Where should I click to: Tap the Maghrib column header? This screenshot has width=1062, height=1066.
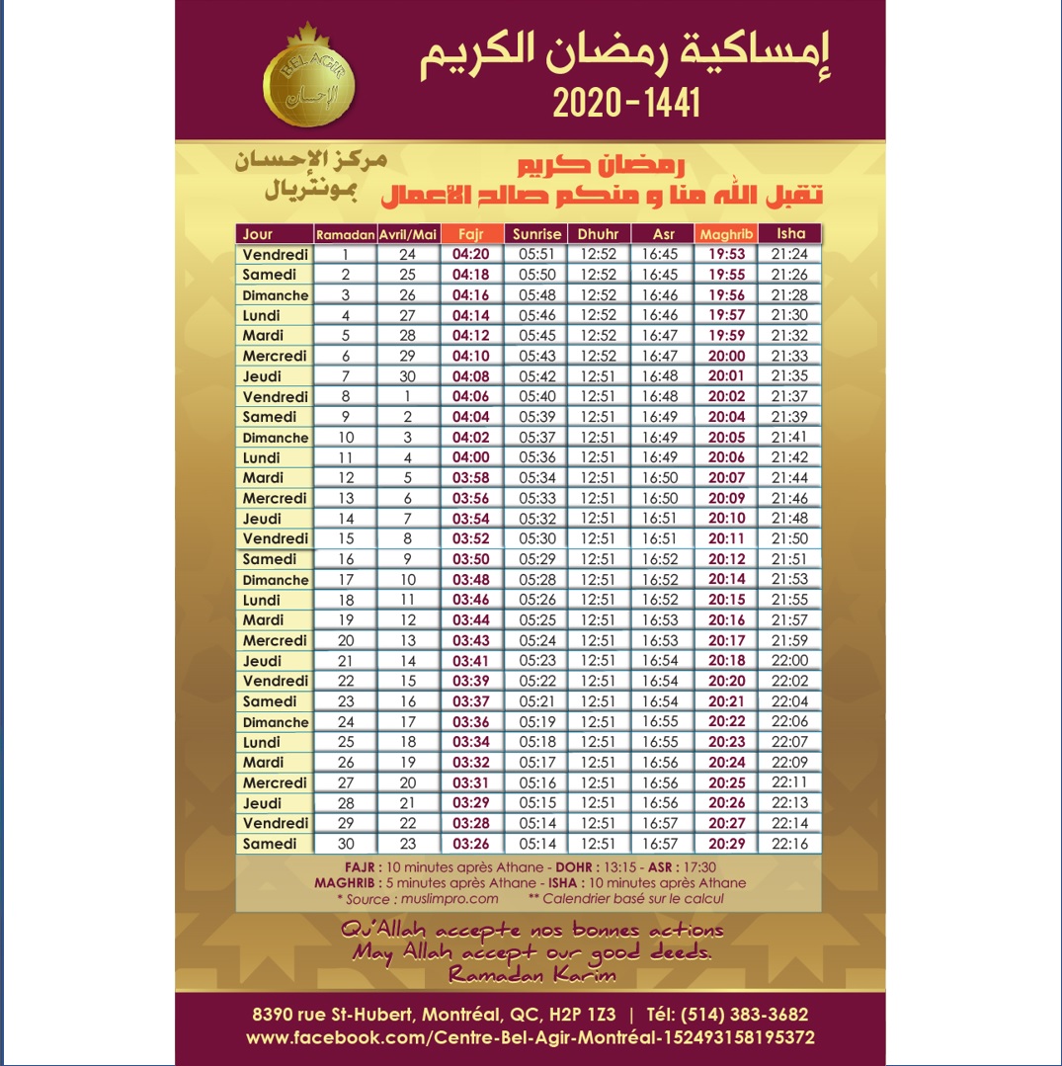(726, 235)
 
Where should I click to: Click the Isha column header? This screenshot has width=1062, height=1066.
(790, 234)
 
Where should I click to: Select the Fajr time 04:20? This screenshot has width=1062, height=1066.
(471, 255)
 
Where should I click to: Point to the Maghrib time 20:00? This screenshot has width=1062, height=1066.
(726, 356)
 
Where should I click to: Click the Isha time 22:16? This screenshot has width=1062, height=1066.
(790, 844)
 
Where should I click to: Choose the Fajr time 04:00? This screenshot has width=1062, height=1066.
(471, 457)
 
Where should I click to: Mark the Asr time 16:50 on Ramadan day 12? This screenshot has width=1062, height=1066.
(662, 478)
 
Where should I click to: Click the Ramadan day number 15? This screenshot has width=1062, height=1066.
(346, 538)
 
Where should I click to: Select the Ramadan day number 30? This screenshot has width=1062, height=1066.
(346, 844)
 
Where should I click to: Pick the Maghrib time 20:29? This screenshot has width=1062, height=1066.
(726, 844)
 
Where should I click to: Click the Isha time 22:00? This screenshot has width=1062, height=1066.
(790, 661)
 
